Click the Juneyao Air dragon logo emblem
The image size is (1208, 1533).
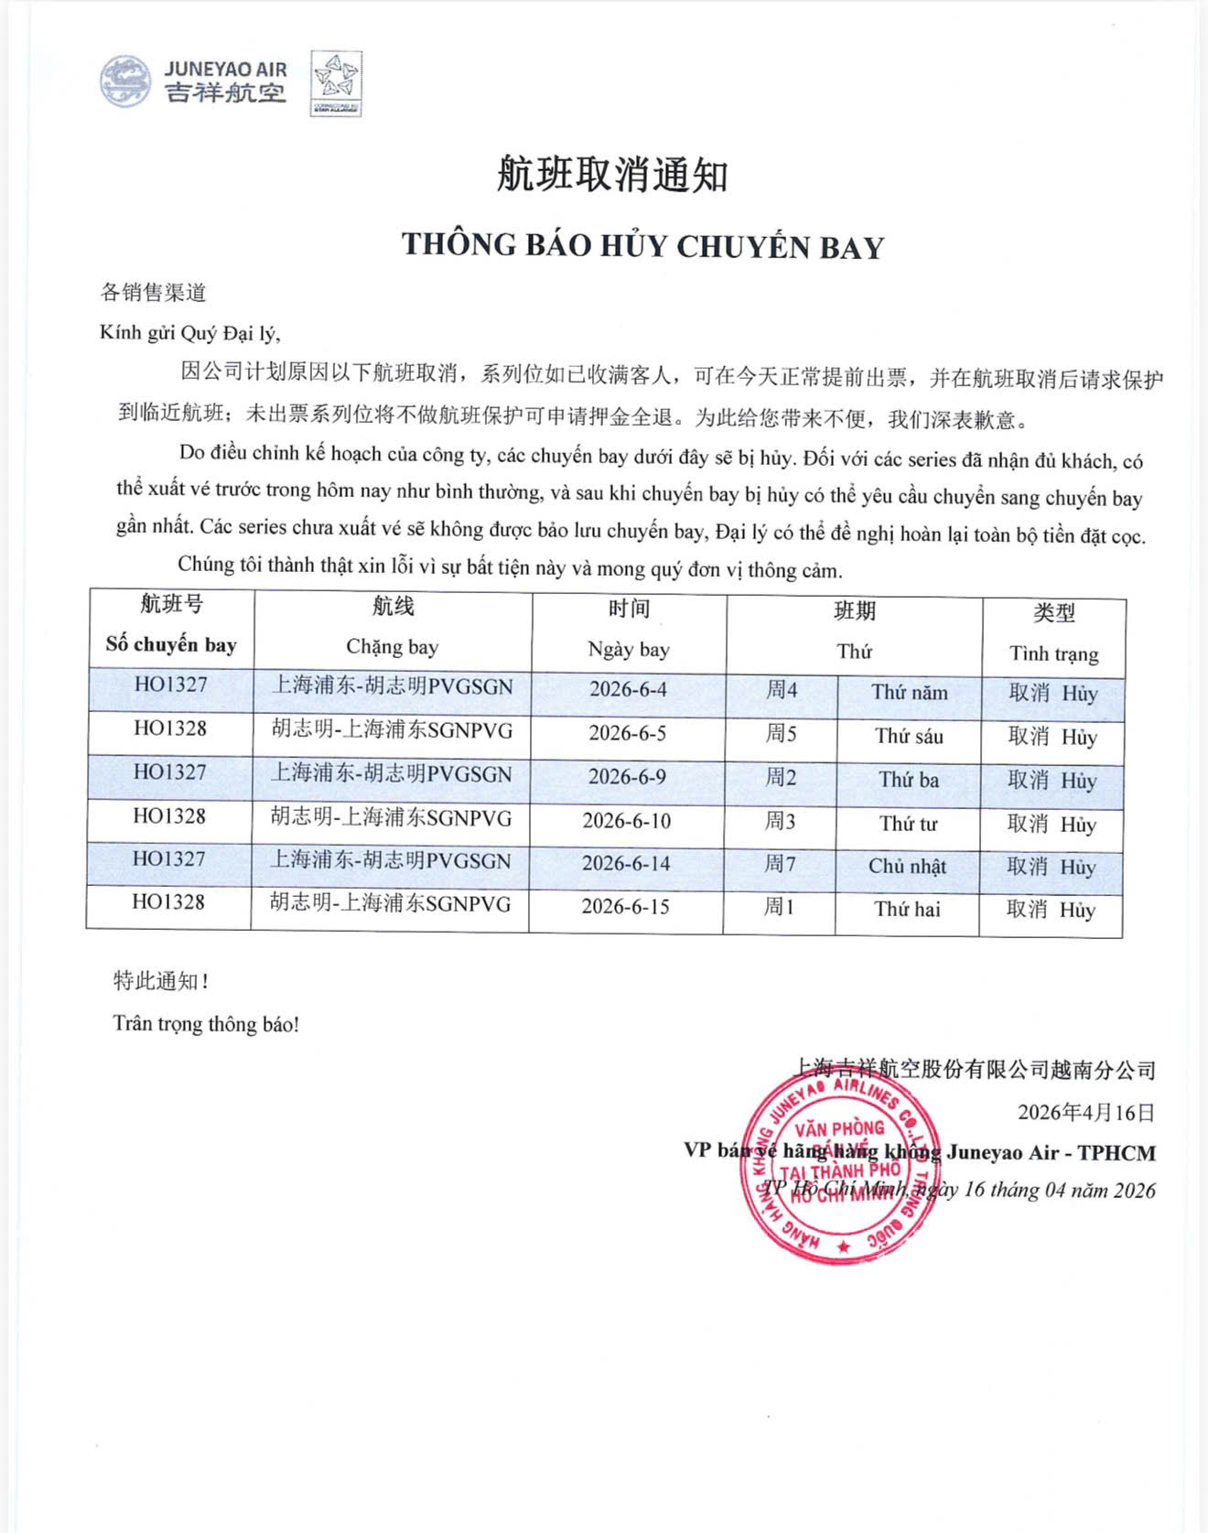tap(126, 81)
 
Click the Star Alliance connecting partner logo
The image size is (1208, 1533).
tap(336, 82)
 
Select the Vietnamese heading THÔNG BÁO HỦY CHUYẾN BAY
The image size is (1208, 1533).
tap(642, 245)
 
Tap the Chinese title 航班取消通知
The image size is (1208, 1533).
tap(611, 174)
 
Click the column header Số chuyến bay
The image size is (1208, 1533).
tap(171, 644)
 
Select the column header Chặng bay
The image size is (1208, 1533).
tap(392, 647)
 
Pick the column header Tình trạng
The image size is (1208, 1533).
tap(1053, 653)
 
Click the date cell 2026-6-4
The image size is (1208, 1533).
tap(628, 689)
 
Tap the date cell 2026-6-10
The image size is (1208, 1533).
tap(627, 820)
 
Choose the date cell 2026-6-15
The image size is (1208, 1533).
tap(626, 906)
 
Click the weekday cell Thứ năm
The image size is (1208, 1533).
tap(909, 692)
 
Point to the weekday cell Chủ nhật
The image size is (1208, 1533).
tap(907, 866)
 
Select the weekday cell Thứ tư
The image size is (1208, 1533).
tap(908, 824)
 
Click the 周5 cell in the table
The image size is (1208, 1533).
tap(781, 733)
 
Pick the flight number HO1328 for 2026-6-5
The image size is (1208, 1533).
tap(170, 729)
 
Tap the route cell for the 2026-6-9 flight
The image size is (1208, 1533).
tap(391, 774)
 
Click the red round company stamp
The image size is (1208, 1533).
tap(841, 1167)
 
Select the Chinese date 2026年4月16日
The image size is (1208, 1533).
tap(1086, 1112)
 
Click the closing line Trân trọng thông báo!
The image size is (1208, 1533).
tap(206, 1023)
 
